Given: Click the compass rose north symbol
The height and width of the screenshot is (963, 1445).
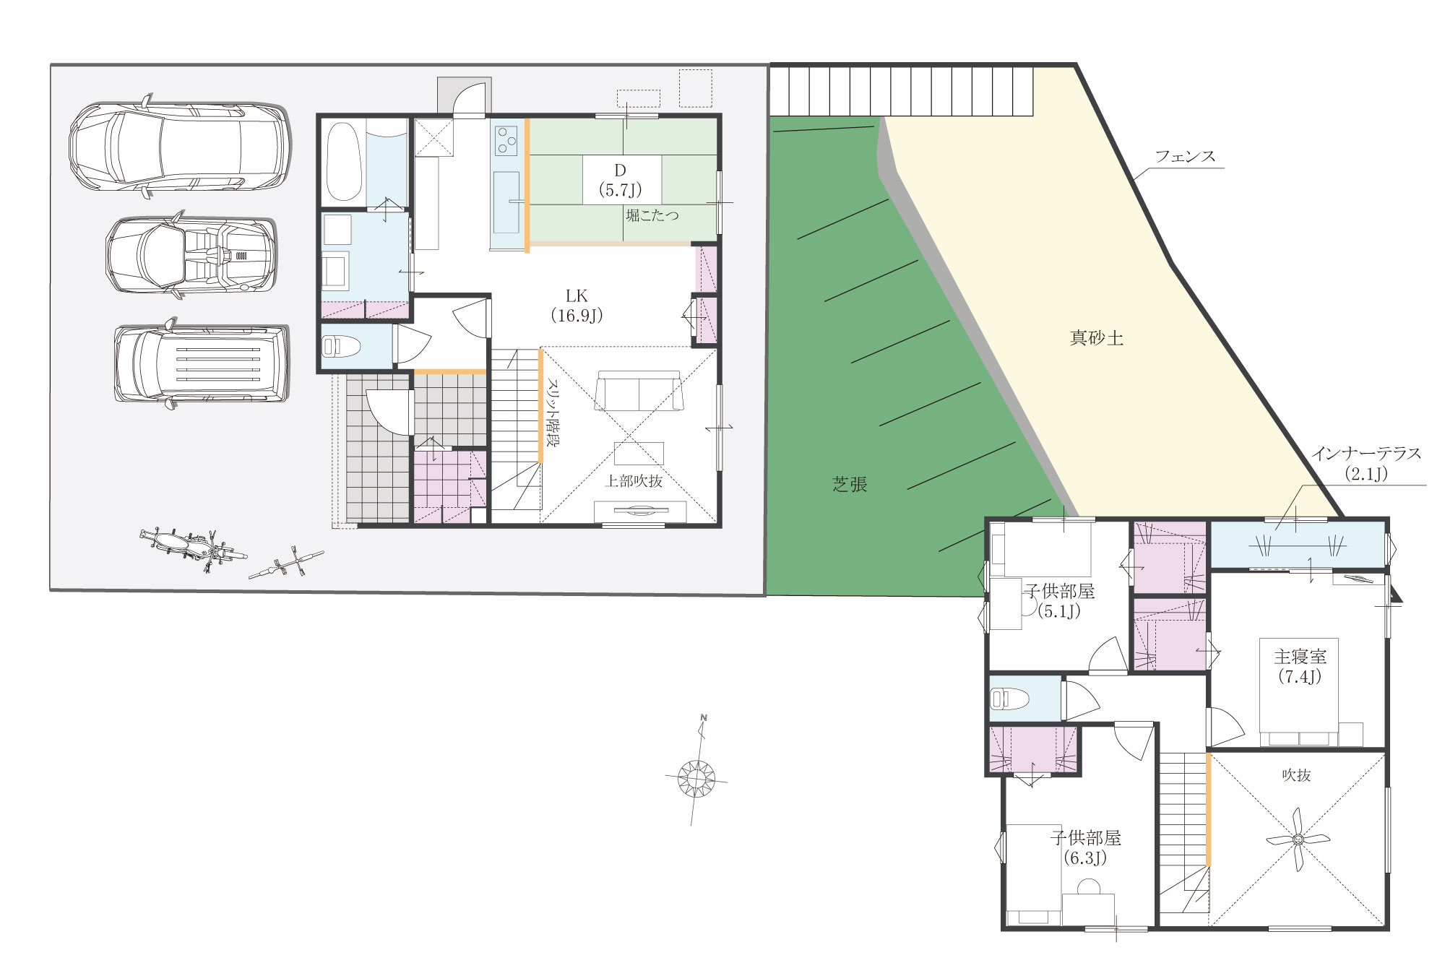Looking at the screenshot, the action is pyautogui.click(x=696, y=777).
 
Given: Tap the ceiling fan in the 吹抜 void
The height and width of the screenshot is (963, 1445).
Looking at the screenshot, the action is pyautogui.click(x=1298, y=839).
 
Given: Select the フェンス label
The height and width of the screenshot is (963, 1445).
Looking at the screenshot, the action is pyautogui.click(x=1185, y=156).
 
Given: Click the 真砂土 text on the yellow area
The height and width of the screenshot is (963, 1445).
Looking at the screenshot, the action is pyautogui.click(x=1096, y=337).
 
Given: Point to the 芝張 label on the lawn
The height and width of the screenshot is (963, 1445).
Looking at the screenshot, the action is pyautogui.click(x=850, y=484).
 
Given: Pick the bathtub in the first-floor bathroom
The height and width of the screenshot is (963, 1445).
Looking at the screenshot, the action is pyautogui.click(x=343, y=162).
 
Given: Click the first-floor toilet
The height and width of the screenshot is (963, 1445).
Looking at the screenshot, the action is pyautogui.click(x=341, y=347).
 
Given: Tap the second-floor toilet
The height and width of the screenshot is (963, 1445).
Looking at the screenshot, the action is pyautogui.click(x=1010, y=698).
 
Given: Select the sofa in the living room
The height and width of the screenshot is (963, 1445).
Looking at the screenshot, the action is pyautogui.click(x=639, y=391).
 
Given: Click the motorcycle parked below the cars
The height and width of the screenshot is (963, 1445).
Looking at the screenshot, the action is pyautogui.click(x=192, y=547).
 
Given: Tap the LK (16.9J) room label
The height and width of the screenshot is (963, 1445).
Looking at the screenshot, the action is pyautogui.click(x=577, y=306).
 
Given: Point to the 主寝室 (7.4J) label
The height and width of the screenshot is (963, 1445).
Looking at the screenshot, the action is pyautogui.click(x=1300, y=666).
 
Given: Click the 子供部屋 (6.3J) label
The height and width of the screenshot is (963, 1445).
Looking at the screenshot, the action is pyautogui.click(x=1085, y=847).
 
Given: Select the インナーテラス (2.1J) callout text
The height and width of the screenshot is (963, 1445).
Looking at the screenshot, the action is pyautogui.click(x=1366, y=463).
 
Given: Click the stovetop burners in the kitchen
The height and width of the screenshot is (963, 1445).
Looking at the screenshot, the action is pyautogui.click(x=506, y=140).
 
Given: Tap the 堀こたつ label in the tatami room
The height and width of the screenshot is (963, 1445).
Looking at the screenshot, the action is pyautogui.click(x=652, y=215).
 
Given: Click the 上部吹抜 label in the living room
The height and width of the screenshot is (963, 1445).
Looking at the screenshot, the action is pyautogui.click(x=634, y=480).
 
